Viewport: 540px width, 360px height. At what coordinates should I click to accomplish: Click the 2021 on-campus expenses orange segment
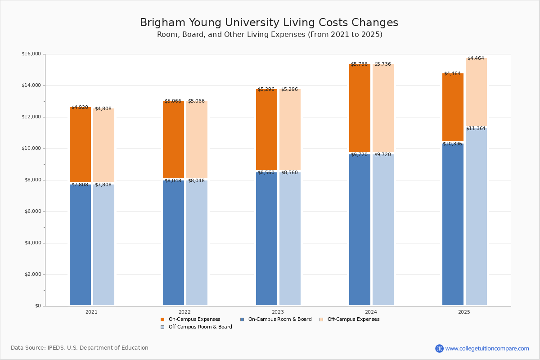coord(80,144)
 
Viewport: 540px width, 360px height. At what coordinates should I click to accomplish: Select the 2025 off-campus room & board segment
coord(476,216)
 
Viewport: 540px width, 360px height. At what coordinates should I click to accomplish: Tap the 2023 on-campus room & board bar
coord(266,238)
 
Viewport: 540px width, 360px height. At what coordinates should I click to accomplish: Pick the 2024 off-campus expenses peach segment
coord(383,108)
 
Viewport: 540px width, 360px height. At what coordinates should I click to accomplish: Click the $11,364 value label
coord(476,129)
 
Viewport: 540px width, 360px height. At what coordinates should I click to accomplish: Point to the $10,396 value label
coord(452,144)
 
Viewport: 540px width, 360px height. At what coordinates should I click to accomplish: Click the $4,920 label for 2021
coord(80,108)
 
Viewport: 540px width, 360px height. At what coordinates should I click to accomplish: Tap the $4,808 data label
coord(103,109)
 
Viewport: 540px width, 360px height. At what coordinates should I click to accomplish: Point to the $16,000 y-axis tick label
coord(31,54)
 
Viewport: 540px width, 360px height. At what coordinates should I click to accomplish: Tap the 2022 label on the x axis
coord(184,312)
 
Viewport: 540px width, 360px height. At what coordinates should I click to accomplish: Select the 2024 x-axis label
coord(371,312)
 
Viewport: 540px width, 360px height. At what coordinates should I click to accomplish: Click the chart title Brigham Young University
coord(269,23)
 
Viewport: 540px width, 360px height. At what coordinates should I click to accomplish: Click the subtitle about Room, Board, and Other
coord(270,35)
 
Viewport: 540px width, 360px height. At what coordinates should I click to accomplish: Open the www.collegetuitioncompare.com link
coord(487,348)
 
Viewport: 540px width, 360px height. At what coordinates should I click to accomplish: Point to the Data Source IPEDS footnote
coord(80,348)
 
